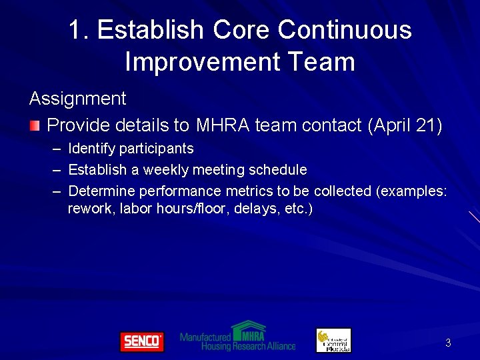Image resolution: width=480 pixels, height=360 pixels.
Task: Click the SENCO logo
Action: coord(141,341)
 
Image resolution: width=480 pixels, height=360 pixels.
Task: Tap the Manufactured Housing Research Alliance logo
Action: coord(238,337)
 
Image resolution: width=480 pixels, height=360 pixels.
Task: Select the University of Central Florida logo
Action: coord(333,340)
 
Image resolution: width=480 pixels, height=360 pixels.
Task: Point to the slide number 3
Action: coord(448,343)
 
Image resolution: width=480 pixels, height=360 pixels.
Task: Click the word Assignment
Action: coord(77,99)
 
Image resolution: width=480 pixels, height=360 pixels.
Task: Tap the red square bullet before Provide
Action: coord(35,125)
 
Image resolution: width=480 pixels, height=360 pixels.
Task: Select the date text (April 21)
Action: coord(405,125)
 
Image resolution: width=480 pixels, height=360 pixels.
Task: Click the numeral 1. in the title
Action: coord(79,30)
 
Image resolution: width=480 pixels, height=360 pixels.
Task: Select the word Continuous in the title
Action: coord(345,30)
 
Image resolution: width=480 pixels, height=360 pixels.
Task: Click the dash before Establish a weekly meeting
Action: coord(55,170)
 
